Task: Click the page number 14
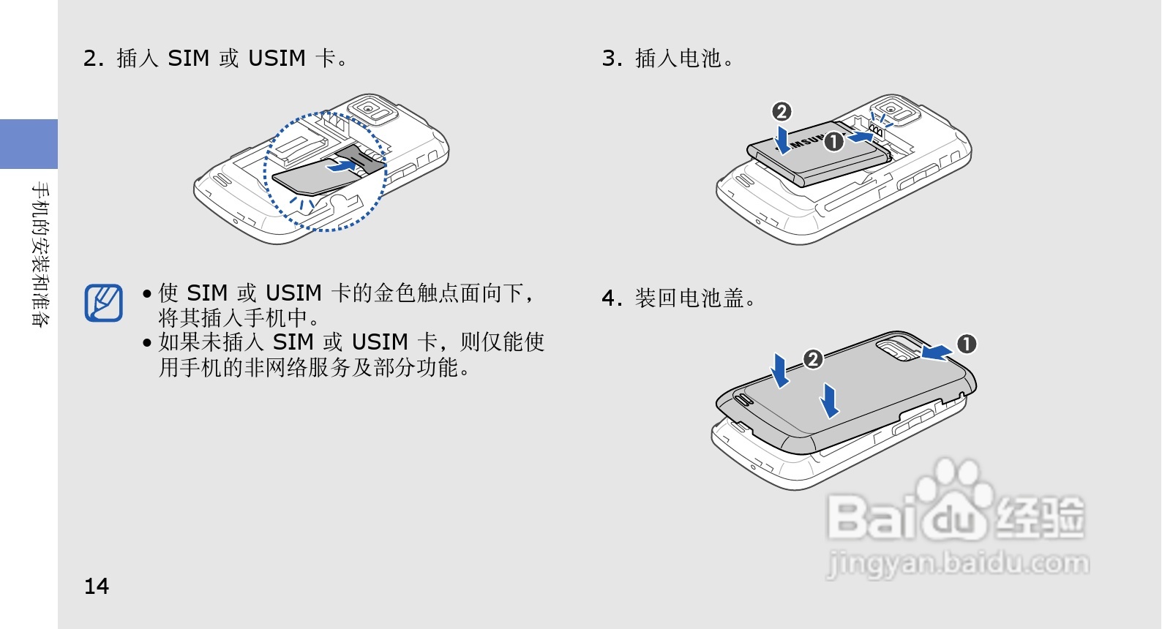click(x=96, y=587)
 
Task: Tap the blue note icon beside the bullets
click(x=103, y=303)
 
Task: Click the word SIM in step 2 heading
click(x=188, y=59)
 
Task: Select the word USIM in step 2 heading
click(x=277, y=59)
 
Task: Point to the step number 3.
click(x=610, y=59)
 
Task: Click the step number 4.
click(x=610, y=298)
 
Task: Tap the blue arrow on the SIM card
click(x=341, y=165)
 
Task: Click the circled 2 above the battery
click(x=781, y=111)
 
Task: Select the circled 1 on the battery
click(x=833, y=141)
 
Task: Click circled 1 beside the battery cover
click(x=967, y=344)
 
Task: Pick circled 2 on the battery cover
click(x=813, y=359)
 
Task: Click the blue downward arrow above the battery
click(x=783, y=140)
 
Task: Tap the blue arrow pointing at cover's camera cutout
click(x=937, y=353)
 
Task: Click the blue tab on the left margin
click(x=29, y=144)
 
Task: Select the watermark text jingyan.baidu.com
click(x=957, y=564)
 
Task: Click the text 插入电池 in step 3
click(x=679, y=59)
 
